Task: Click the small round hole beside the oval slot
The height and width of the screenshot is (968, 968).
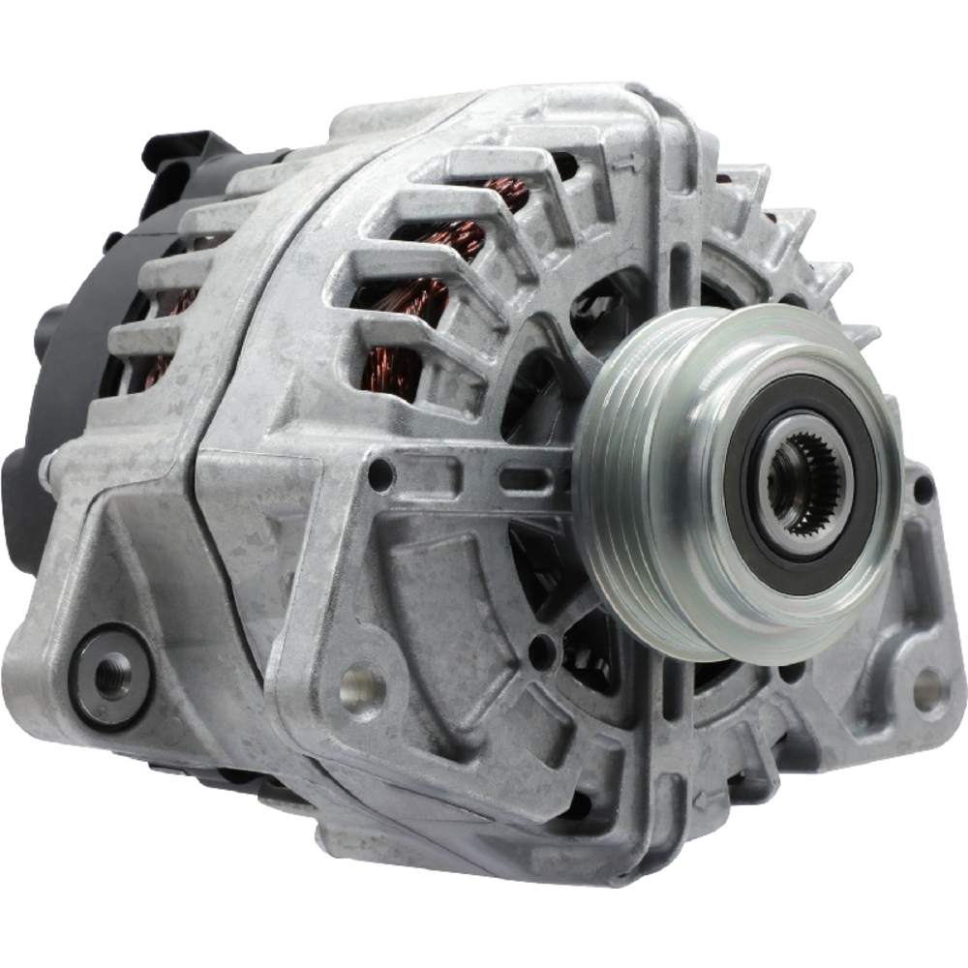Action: click(381, 474)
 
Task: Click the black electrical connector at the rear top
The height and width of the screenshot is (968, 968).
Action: click(179, 160)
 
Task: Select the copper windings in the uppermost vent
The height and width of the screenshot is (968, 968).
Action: click(503, 194)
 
